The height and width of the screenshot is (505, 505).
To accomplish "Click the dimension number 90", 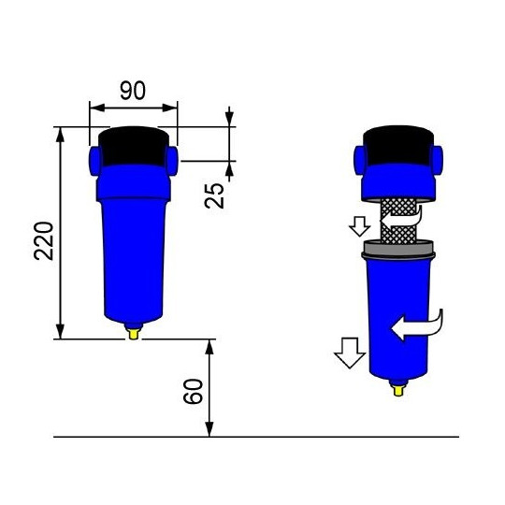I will click(x=133, y=90).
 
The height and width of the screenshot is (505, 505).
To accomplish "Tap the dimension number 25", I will click(x=214, y=193).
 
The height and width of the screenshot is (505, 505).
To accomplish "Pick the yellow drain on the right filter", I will click(x=399, y=386).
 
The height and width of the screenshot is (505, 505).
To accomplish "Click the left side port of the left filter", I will click(x=95, y=158).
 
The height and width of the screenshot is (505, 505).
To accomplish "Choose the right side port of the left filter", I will click(x=172, y=158).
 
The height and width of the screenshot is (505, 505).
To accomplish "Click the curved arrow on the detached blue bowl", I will click(x=419, y=325).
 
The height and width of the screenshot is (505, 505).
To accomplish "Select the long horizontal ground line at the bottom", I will click(x=256, y=437).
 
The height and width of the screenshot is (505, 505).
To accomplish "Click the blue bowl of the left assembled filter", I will click(x=134, y=252).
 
